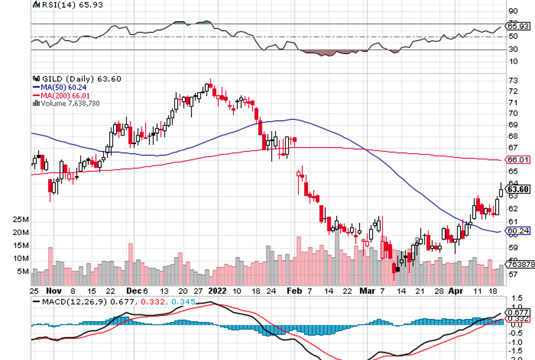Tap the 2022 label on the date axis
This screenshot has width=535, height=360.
[x=217, y=290]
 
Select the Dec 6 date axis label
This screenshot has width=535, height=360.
[x=136, y=290]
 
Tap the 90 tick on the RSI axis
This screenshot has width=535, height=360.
[x=513, y=11]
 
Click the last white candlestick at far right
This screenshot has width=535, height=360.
[x=501, y=191]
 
